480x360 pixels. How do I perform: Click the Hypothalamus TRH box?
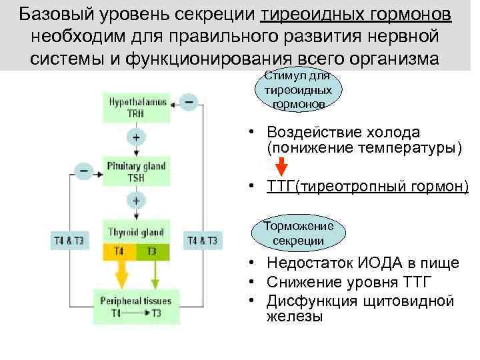(136, 107)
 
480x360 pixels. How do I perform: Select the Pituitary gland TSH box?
(136, 171)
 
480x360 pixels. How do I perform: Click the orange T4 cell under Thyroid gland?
(119, 251)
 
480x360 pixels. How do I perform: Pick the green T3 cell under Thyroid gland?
(153, 251)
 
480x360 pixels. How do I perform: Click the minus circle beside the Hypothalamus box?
(189, 102)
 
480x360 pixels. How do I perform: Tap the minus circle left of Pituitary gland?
(84, 171)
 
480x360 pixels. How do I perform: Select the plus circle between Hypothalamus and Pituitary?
(136, 138)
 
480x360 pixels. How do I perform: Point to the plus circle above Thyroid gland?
(136, 200)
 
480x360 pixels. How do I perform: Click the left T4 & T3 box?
(69, 241)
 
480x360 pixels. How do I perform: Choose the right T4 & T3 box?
(203, 241)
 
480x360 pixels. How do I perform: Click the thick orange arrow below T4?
(122, 273)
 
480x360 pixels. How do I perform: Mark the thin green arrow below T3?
(155, 273)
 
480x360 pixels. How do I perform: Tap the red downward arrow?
(282, 165)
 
